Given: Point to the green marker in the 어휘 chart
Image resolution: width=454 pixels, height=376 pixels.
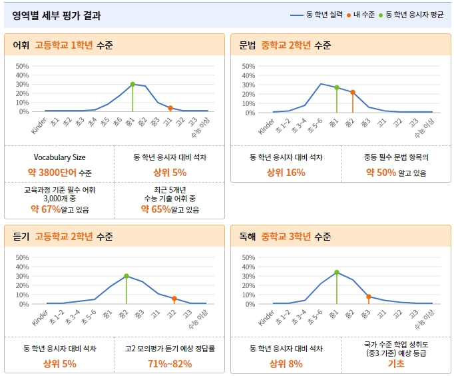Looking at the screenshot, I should [x=132, y=84].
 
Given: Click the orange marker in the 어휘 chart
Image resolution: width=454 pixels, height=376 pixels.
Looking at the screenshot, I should [x=170, y=108].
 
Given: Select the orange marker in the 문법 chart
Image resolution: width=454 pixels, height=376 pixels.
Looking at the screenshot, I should [x=353, y=92].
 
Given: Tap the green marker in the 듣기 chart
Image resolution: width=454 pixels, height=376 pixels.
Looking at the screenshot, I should [x=126, y=276].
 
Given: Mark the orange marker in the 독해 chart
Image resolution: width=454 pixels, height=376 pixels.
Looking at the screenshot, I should [x=369, y=297].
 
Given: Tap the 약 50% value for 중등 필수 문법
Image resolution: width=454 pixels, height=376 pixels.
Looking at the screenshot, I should [x=381, y=173].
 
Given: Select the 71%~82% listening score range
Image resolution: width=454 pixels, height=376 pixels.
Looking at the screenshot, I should [x=170, y=363].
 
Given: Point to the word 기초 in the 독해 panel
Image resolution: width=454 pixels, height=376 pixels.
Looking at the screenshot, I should [x=396, y=363].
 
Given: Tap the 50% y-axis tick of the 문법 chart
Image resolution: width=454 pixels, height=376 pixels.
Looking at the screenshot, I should [x=249, y=66].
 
